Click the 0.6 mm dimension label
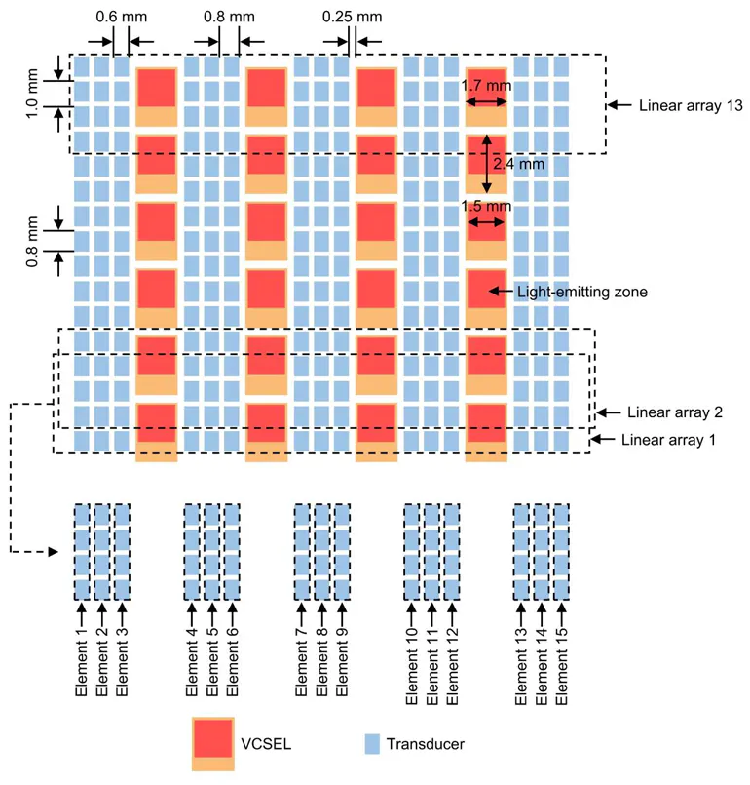coord(122,17)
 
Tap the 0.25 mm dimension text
coord(352,17)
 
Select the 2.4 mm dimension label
coord(518,164)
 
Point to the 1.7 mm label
coord(486,86)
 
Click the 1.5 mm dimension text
coord(486,206)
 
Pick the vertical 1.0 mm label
coord(31,94)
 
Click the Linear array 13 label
coord(691,105)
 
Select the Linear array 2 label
coord(675,412)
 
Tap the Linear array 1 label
coord(668,440)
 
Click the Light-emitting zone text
coord(582,292)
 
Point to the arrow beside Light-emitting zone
coord(501,291)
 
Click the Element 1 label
coord(81,662)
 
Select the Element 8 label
coord(321,662)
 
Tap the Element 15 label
coord(561,666)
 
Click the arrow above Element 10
coord(411,613)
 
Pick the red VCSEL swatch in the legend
coord(213,737)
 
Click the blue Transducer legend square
coord(372,744)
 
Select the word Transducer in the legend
coord(425,744)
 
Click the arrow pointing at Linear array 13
coord(619,105)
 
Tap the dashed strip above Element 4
coord(192,552)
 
